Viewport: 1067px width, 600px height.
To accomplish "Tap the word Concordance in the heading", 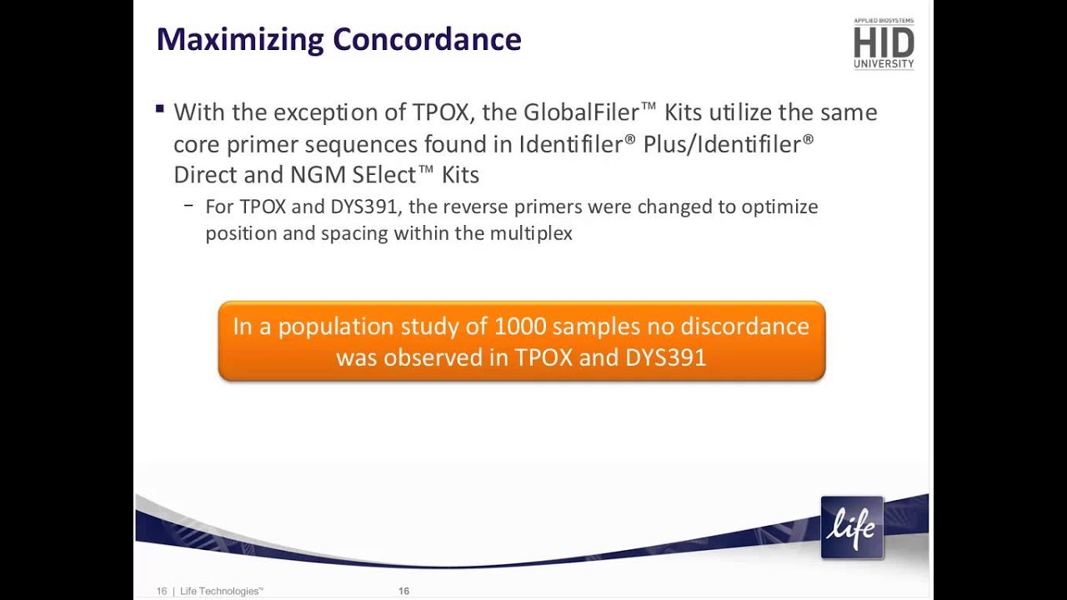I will [x=427, y=40].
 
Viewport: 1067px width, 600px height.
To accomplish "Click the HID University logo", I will [x=884, y=43].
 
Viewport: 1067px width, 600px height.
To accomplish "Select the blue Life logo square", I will [x=852, y=527].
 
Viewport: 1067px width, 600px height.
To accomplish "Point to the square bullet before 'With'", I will [x=160, y=109].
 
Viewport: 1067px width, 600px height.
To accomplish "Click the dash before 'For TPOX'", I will [x=189, y=206].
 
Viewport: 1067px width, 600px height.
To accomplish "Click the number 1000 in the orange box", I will [x=520, y=326].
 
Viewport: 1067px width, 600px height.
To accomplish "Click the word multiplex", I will [x=531, y=233].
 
